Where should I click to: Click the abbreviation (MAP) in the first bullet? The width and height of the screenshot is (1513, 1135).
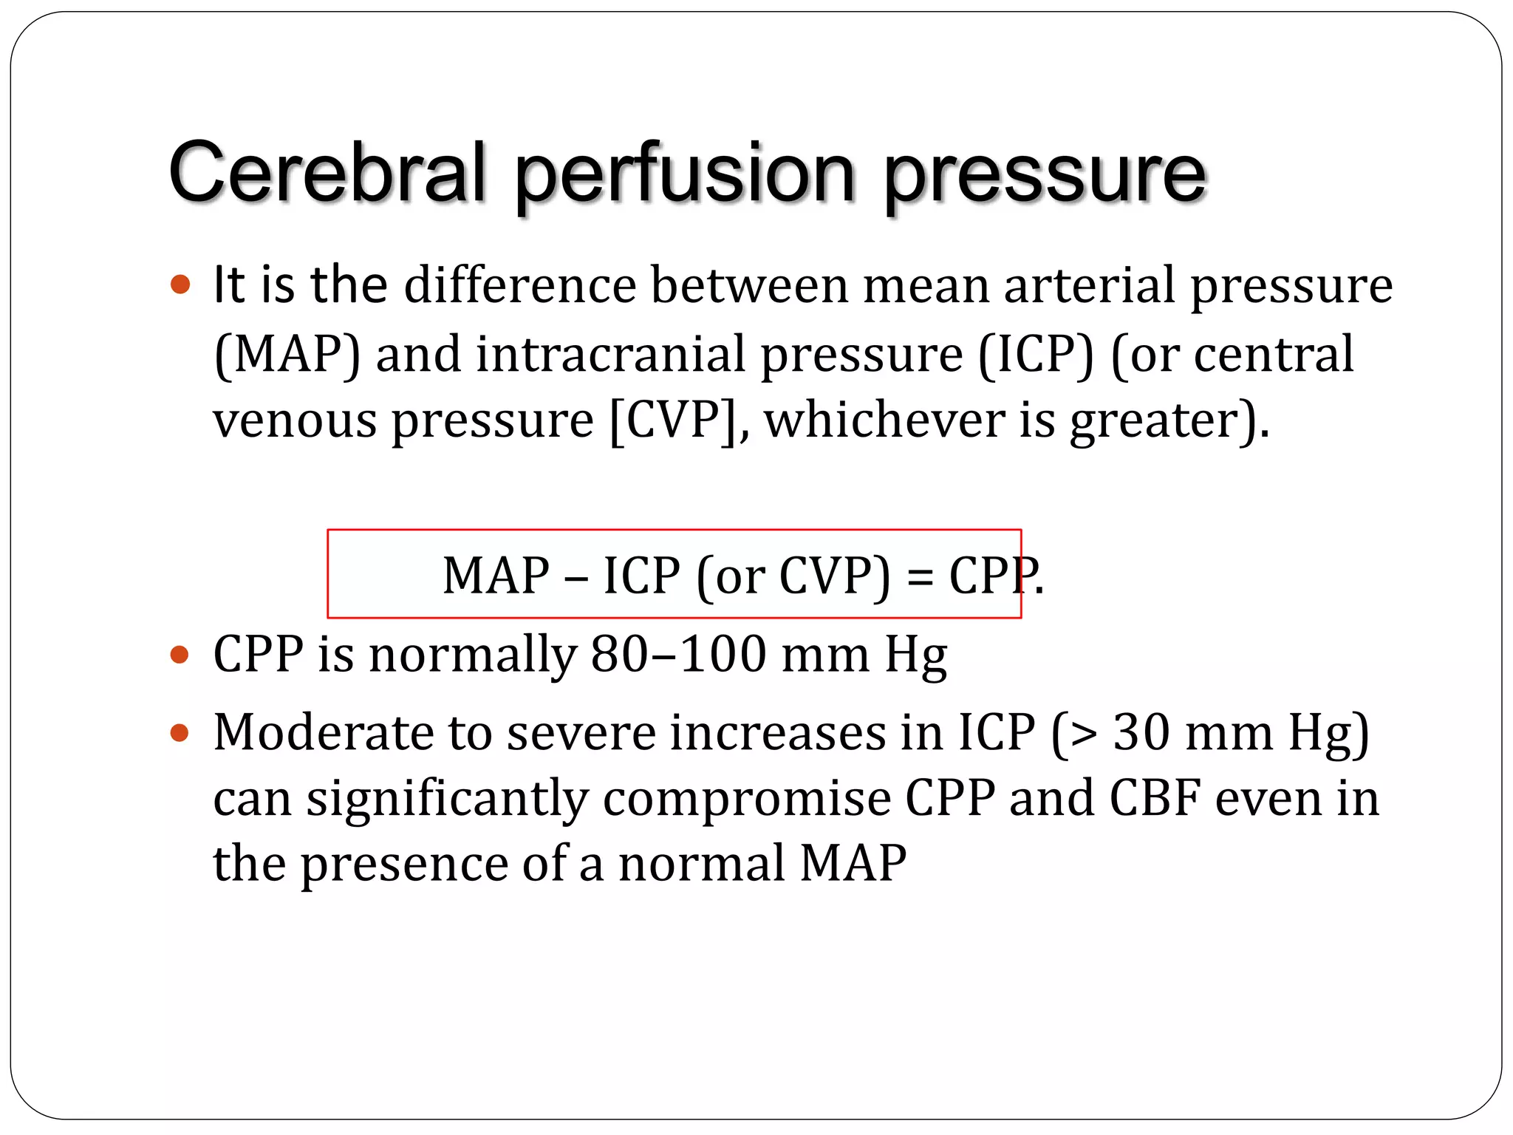point(287,355)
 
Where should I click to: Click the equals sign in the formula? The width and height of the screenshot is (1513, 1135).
point(920,577)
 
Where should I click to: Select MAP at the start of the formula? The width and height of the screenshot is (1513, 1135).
point(496,576)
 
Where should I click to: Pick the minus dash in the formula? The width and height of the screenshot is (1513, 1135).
point(576,577)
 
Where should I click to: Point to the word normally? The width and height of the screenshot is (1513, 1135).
point(473,655)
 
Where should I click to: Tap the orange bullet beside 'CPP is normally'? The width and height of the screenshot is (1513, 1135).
point(180,655)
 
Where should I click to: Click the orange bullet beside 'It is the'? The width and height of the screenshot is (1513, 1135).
point(180,284)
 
